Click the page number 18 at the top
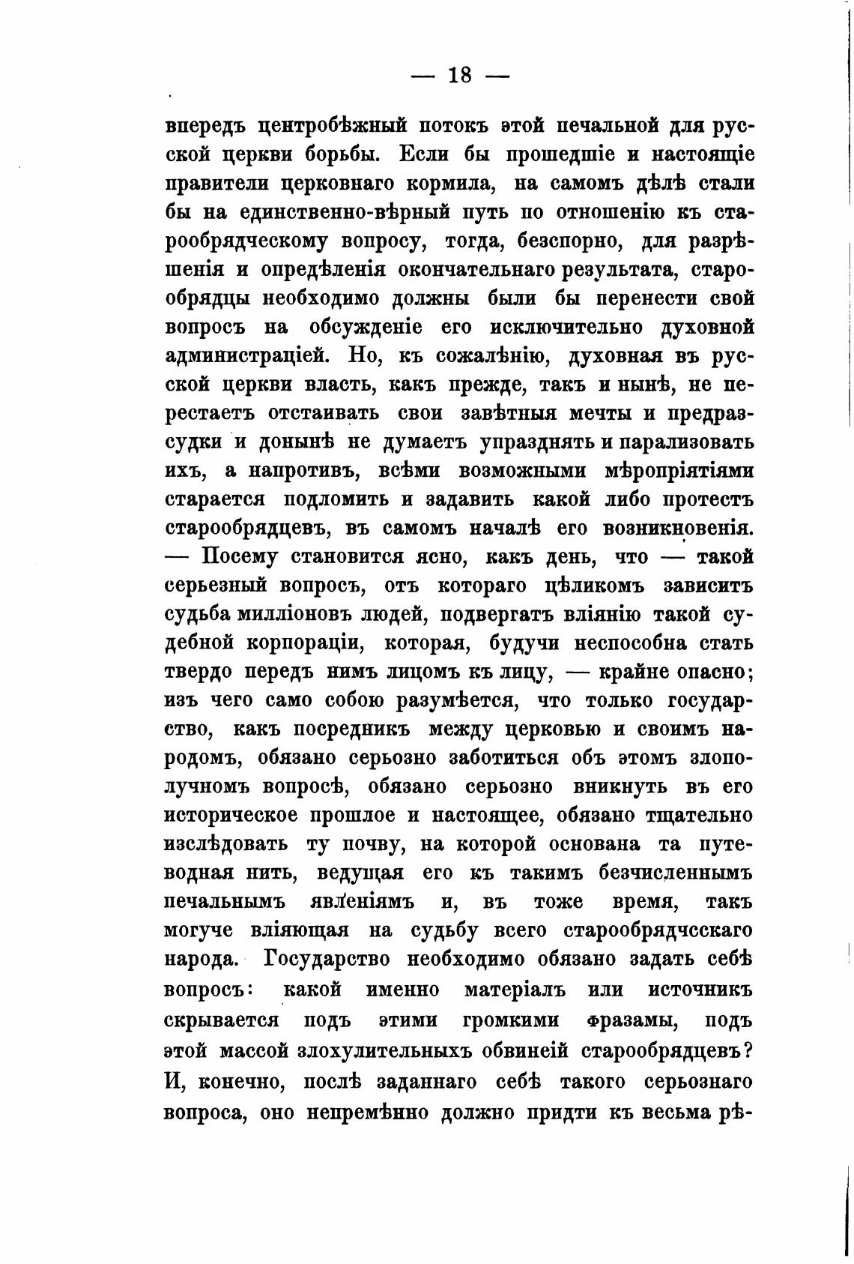[459, 76]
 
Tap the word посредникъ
[350, 729]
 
